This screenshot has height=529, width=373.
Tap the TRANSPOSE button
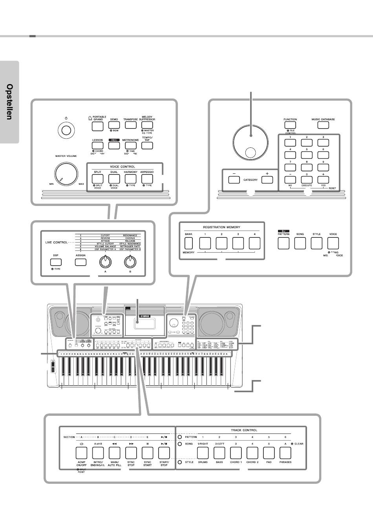pyautogui.click(x=130, y=126)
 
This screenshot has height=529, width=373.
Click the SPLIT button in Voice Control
pyautogui.click(x=97, y=179)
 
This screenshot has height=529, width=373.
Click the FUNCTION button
pyautogui.click(x=290, y=126)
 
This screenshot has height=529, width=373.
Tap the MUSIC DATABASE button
pyautogui.click(x=323, y=126)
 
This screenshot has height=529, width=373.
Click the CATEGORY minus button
pyautogui.click(x=234, y=180)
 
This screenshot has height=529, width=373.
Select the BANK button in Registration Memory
pyautogui.click(x=189, y=244)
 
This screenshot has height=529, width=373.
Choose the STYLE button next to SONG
pyautogui.click(x=316, y=244)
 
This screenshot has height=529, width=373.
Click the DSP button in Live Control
pyautogui.click(x=55, y=261)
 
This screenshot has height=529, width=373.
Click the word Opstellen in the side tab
pyautogui.click(x=9, y=102)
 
